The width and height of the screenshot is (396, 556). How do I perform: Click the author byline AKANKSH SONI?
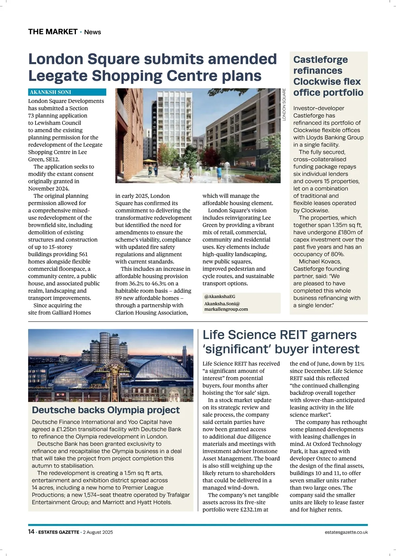tap(50, 92)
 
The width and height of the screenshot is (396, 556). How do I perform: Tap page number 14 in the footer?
tap(31, 532)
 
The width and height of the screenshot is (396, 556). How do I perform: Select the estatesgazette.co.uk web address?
tap(346, 532)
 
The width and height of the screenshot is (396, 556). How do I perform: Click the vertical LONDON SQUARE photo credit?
tap(284, 104)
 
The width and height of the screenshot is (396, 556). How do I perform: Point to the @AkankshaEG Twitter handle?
tap(220, 297)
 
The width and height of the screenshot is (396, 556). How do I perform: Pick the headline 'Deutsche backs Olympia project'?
tap(106, 410)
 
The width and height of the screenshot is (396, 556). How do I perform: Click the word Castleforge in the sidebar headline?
tap(320, 60)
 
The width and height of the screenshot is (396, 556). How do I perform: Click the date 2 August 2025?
tap(98, 532)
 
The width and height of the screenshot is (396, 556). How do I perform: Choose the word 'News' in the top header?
tap(92, 32)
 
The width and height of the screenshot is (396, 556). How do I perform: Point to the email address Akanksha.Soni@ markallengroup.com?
tap(226, 306)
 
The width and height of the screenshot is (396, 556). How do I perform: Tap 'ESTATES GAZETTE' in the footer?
tap(59, 532)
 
